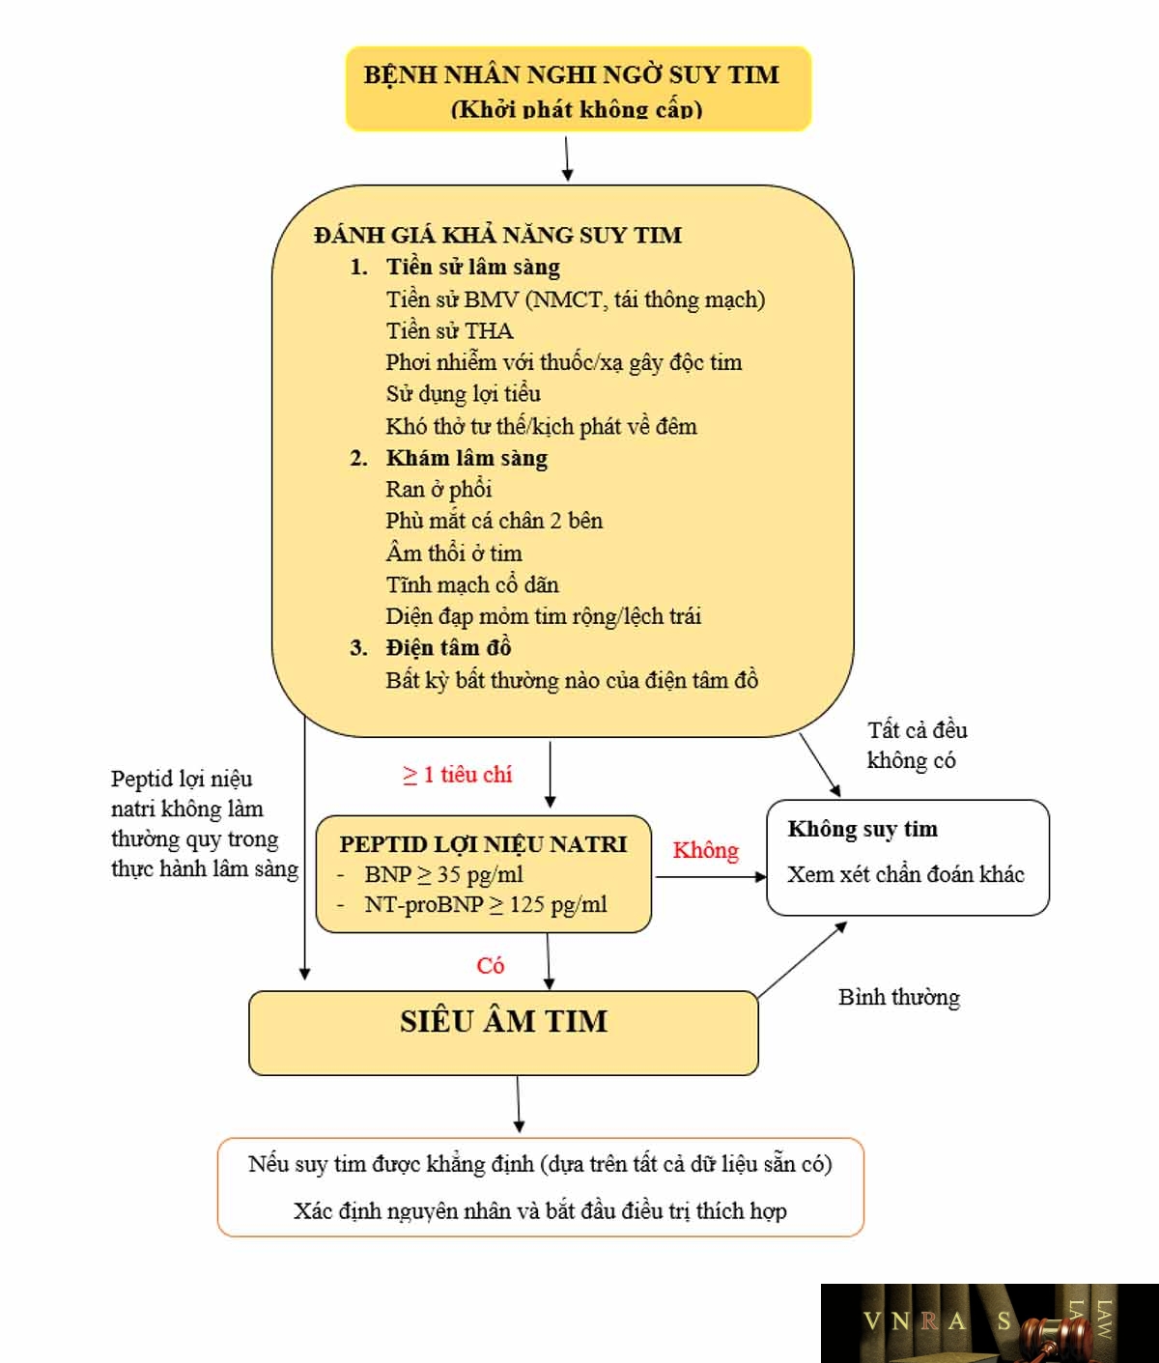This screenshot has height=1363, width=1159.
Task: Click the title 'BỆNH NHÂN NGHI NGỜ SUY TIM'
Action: pos(571,74)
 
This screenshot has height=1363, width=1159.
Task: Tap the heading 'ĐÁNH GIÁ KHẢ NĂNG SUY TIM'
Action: pos(497,235)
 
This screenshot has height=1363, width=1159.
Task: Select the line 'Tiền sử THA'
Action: pos(450,330)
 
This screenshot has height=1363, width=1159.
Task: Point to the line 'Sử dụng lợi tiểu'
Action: pos(463,394)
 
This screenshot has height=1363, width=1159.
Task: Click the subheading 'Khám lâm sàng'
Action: pos(466,458)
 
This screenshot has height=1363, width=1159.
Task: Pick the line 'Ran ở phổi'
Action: pos(438,490)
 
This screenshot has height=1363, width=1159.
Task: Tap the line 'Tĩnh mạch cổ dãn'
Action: pos(472,584)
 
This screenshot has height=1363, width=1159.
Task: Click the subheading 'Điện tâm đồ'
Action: pos(448,647)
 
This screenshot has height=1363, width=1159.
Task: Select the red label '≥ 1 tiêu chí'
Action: pos(457,774)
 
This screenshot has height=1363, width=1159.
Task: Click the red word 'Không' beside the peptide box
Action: pos(705,850)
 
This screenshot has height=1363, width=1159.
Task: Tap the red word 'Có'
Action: pos(490,965)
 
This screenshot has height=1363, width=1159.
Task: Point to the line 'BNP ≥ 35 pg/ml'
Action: pos(443,874)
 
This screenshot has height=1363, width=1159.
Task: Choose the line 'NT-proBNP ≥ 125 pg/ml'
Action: pos(486,904)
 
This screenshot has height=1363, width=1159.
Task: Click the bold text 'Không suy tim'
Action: pos(862,828)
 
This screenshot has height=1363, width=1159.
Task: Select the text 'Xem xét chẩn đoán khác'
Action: pos(906,874)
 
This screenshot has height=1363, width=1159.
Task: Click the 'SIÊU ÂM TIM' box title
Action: pos(504,1021)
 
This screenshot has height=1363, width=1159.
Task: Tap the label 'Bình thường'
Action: pos(898,997)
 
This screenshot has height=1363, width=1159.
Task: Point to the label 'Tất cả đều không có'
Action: pos(917,745)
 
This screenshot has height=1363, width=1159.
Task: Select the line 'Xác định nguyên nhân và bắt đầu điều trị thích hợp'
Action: pos(540,1210)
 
